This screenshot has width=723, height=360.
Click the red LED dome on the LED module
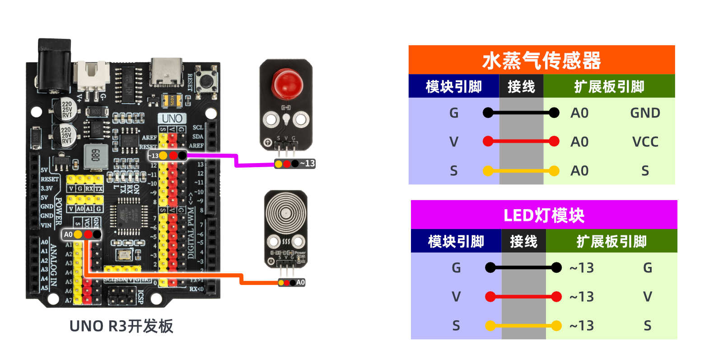[x=287, y=84]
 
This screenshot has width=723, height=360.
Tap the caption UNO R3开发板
[x=121, y=326]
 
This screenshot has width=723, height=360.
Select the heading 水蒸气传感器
[x=541, y=61]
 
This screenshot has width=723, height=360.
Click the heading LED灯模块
[x=544, y=215]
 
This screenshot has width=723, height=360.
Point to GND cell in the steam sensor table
[x=645, y=113]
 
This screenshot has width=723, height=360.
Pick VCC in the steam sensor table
[x=645, y=142]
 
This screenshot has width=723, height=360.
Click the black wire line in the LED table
[x=523, y=268]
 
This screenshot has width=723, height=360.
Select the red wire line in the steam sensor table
[x=521, y=141]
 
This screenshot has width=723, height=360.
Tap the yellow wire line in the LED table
[x=523, y=326]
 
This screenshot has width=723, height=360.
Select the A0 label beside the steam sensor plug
[x=300, y=283]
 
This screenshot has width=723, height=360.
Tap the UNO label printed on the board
[x=172, y=118]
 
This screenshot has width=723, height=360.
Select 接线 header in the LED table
[x=523, y=242]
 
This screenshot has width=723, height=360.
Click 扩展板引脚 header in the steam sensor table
[x=609, y=87]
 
